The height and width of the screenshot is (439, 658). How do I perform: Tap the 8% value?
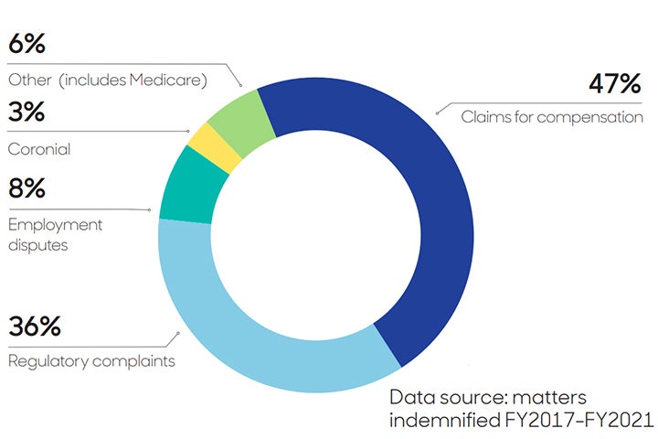coord(28,191)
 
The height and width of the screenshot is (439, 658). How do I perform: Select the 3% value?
coord(27,114)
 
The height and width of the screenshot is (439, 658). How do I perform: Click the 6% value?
coord(27,44)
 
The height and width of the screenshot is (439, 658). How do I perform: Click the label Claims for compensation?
coord(551,117)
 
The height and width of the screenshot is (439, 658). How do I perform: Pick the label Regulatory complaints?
coord(91,360)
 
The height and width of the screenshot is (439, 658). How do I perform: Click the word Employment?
coord(55,224)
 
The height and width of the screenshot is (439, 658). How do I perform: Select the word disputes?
coord(38,245)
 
